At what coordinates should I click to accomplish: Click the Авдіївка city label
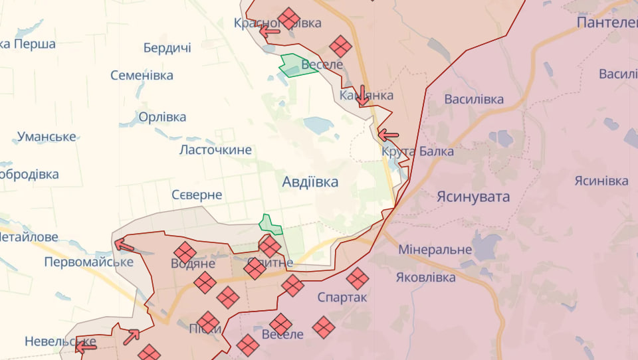[x=310, y=181]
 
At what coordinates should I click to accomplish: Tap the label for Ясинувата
[x=473, y=197]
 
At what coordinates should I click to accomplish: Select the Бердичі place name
[x=167, y=48]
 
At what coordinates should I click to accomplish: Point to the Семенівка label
[x=142, y=75]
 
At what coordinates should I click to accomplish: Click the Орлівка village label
[x=162, y=117]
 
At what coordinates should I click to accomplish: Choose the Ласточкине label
[x=215, y=149]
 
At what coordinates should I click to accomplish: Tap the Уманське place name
[x=47, y=137]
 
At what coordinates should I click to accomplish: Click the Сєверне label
[x=197, y=195]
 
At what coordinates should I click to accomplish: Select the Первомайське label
[x=88, y=262]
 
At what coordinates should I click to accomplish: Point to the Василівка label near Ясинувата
[x=474, y=100]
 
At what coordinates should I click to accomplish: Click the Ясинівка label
[x=601, y=181]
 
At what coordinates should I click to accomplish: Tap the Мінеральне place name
[x=435, y=250]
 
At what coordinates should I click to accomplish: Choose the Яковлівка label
[x=425, y=277]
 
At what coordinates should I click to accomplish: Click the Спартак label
[x=342, y=297]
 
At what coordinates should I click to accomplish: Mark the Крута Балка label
[x=418, y=151]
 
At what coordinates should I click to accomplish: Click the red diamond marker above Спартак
[x=358, y=278]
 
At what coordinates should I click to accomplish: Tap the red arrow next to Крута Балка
[x=388, y=135]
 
